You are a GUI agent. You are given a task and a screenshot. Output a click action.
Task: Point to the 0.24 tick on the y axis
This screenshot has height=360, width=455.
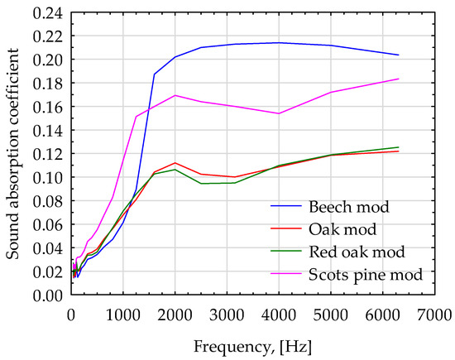pos(49,12)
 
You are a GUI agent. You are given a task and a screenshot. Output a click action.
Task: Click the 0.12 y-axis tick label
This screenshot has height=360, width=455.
pos(49,154)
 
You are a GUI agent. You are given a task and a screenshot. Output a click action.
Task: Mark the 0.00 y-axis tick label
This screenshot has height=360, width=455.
pos(49,295)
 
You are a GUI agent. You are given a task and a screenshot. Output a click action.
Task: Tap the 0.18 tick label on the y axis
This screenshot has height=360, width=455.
pos(49,84)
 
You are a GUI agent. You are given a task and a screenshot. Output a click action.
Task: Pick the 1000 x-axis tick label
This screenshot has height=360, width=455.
pos(123,314)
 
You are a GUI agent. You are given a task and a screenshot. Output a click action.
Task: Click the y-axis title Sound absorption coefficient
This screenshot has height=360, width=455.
pos(14,153)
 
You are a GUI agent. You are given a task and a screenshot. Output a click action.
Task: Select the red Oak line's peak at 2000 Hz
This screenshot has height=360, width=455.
pos(175,162)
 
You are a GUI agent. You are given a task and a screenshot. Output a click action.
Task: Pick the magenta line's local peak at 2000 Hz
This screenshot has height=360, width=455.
pos(175,95)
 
